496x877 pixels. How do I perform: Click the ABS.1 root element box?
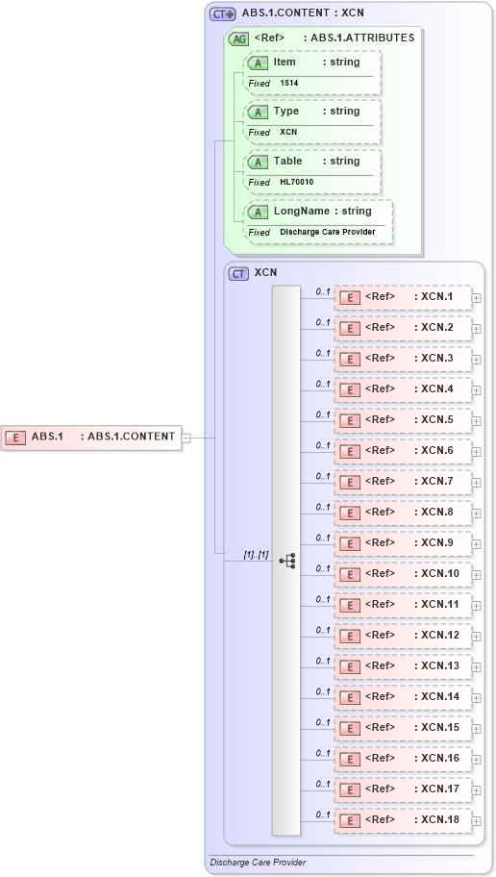point(92,437)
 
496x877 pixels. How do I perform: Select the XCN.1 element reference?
point(403,297)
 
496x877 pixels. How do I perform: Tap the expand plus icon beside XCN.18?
point(477,820)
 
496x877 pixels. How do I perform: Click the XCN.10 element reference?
point(403,574)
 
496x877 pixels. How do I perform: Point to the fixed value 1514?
point(289,84)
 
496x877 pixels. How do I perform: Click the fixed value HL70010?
point(297,182)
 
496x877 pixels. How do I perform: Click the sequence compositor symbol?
point(286,561)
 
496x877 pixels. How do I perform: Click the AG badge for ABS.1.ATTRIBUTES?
point(237,38)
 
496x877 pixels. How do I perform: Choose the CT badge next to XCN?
point(238,273)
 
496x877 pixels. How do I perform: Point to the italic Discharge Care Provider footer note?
point(258,863)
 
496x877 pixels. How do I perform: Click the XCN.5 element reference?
point(403,420)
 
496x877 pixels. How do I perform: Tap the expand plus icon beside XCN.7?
point(477,482)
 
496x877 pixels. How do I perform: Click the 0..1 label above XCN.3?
point(323,353)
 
